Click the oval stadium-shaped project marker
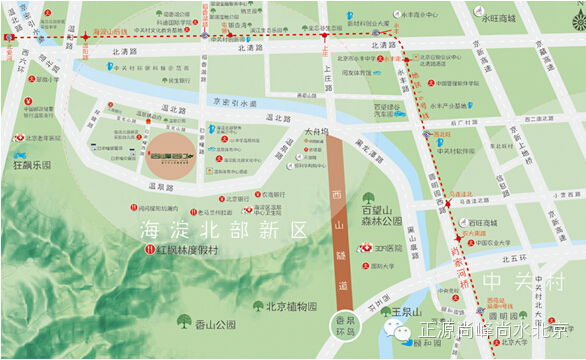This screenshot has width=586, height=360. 167,158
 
